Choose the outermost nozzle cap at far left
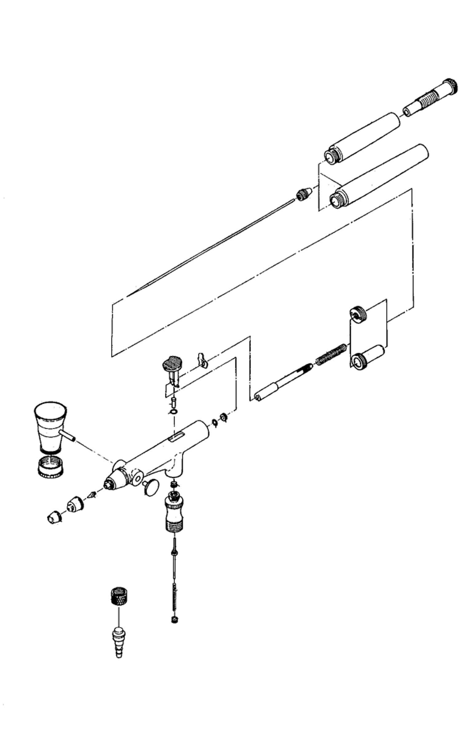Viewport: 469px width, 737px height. point(54,517)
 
